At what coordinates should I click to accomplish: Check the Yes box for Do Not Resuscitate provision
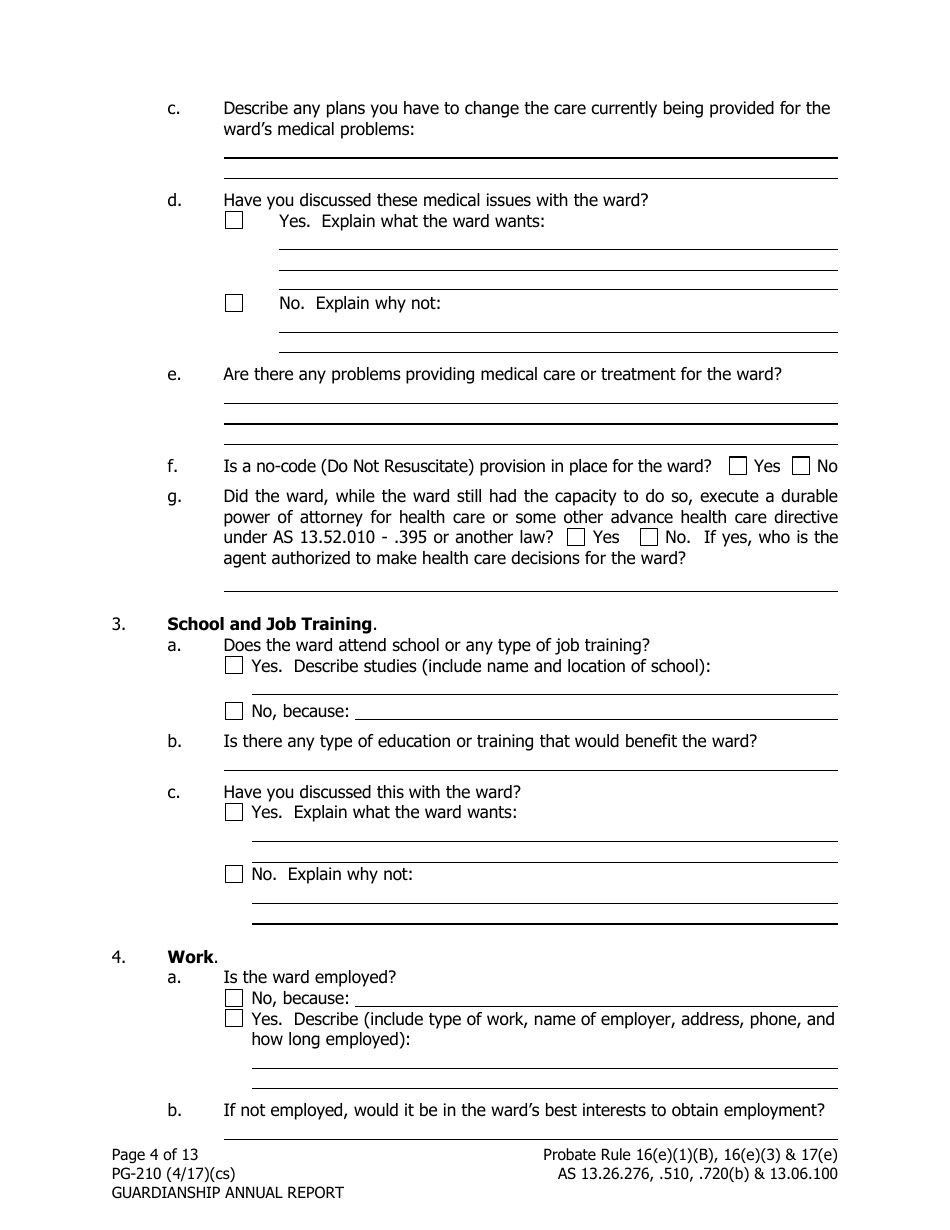coord(738,466)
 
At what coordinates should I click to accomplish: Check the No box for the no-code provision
coord(801,466)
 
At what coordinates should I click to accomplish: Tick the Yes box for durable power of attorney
coord(575,537)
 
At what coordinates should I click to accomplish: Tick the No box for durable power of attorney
coord(648,537)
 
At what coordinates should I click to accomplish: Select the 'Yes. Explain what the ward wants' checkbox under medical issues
coord(234,221)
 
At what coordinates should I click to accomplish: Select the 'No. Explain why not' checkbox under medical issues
coord(234,303)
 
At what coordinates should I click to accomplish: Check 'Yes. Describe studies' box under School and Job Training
coord(234,666)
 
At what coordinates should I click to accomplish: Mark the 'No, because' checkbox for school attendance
coord(234,712)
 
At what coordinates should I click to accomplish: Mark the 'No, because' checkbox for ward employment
coord(234,998)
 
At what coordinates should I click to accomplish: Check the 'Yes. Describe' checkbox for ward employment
coord(234,1019)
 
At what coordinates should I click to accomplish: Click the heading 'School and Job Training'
coord(269,625)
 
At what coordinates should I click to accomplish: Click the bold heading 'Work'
coord(190,957)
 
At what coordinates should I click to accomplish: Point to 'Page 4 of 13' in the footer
coord(155,1155)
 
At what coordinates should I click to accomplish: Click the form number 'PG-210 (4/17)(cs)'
coord(173,1174)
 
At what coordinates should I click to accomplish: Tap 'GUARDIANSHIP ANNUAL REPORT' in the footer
coord(227,1193)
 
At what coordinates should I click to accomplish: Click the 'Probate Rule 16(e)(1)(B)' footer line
coord(690,1155)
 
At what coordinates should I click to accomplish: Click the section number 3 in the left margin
coord(118,625)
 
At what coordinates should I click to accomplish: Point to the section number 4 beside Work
coord(118,957)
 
